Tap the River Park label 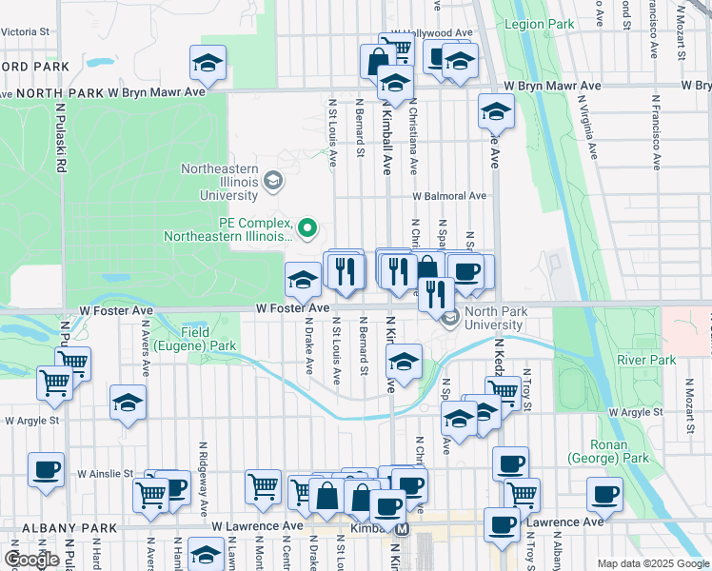[x=646, y=360]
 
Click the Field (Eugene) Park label [x=208, y=340]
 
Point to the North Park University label [x=493, y=318]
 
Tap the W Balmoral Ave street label [x=449, y=196]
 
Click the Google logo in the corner [x=32, y=559]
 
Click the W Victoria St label [x=25, y=31]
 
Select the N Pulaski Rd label [x=60, y=138]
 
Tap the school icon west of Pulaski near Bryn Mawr [x=208, y=64]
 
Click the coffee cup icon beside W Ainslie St [x=46, y=469]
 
